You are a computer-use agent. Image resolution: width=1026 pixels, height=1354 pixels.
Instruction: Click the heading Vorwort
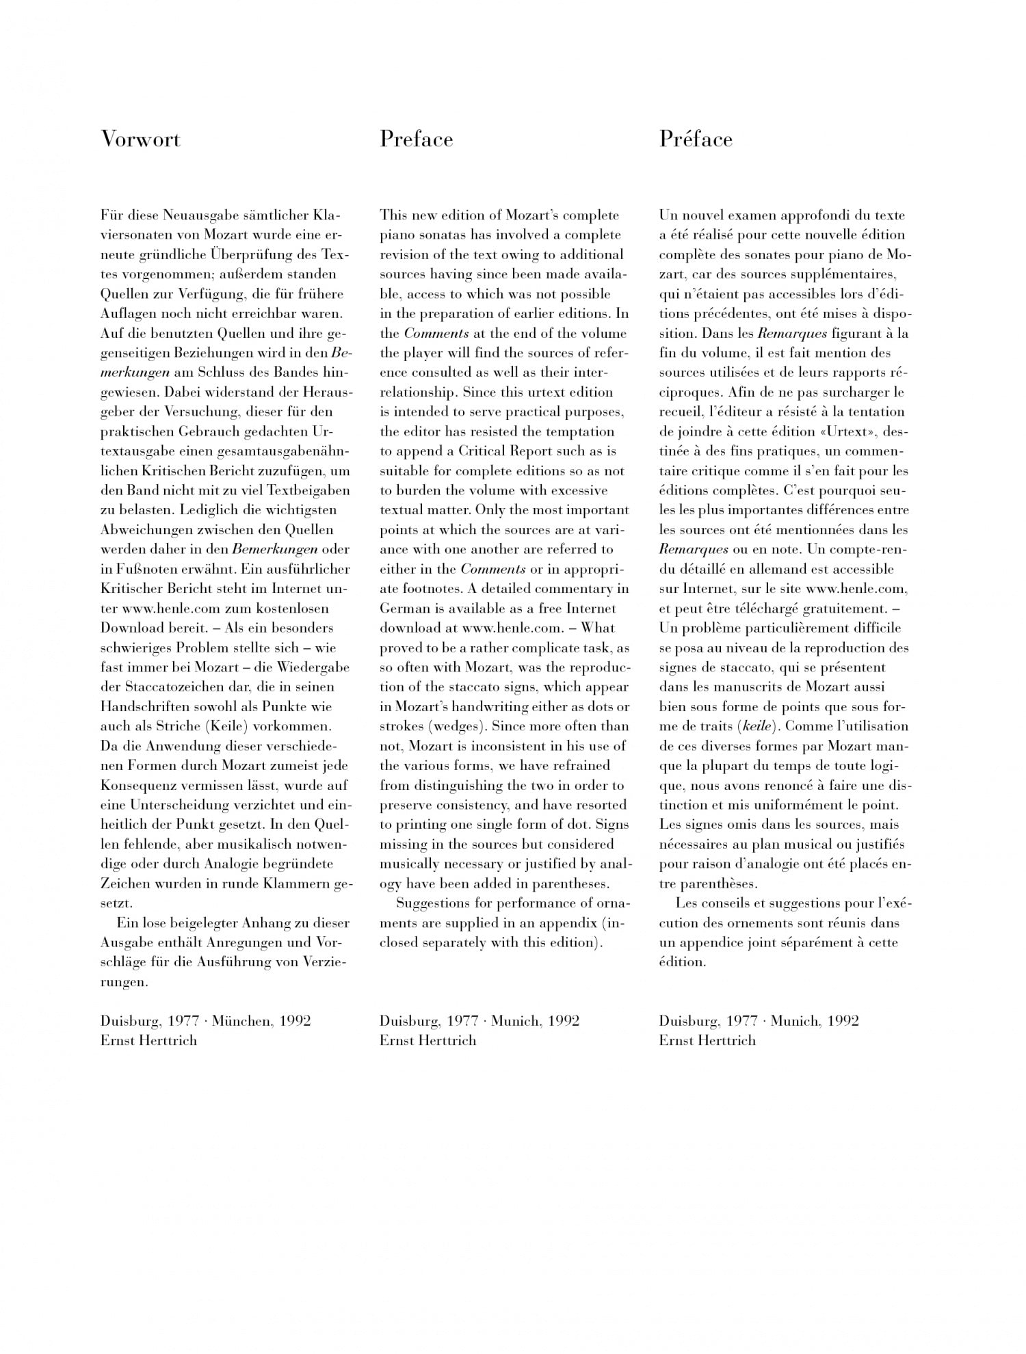tap(140, 139)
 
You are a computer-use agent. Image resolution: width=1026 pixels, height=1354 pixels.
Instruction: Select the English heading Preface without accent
tap(416, 139)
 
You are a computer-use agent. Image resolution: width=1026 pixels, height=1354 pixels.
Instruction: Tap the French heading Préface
tap(696, 139)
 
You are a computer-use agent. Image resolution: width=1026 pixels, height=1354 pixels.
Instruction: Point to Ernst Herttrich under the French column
tap(707, 1041)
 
